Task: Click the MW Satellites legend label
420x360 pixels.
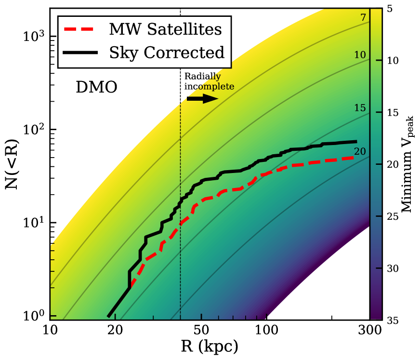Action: pyautogui.click(x=165, y=29)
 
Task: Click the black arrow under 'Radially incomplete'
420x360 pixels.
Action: pyautogui.click(x=202, y=98)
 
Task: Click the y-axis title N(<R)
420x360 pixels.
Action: pyautogui.click(x=12, y=164)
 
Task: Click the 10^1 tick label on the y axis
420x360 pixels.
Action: pyautogui.click(x=34, y=223)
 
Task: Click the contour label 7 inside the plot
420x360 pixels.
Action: pyautogui.click(x=363, y=18)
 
